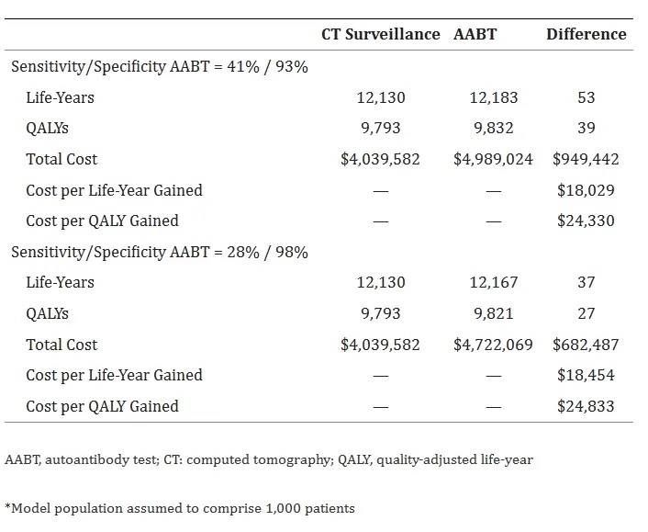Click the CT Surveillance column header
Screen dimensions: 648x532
(x=381, y=34)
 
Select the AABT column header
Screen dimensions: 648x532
(x=475, y=34)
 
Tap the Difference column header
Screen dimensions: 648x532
(x=587, y=34)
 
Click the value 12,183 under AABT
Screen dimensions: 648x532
(x=494, y=97)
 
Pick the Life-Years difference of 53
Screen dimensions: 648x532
(x=586, y=97)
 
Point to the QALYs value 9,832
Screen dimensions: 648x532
(x=494, y=128)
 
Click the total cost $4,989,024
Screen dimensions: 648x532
(x=494, y=159)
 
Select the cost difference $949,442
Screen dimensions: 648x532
(x=586, y=159)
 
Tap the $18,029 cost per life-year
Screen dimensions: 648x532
(x=586, y=190)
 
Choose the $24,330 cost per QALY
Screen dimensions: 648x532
(x=586, y=221)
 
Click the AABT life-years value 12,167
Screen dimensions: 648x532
(x=494, y=283)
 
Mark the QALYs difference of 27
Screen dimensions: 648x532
(x=586, y=313)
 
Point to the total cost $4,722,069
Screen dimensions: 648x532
(x=494, y=345)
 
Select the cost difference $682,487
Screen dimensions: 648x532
(x=586, y=345)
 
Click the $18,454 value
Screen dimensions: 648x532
(x=586, y=375)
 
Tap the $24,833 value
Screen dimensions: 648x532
(x=586, y=406)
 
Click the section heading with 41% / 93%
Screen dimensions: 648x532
(x=160, y=66)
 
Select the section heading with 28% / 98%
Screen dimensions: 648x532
(x=160, y=252)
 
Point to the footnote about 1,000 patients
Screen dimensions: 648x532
(x=180, y=508)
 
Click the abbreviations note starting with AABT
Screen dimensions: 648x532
(x=269, y=459)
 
